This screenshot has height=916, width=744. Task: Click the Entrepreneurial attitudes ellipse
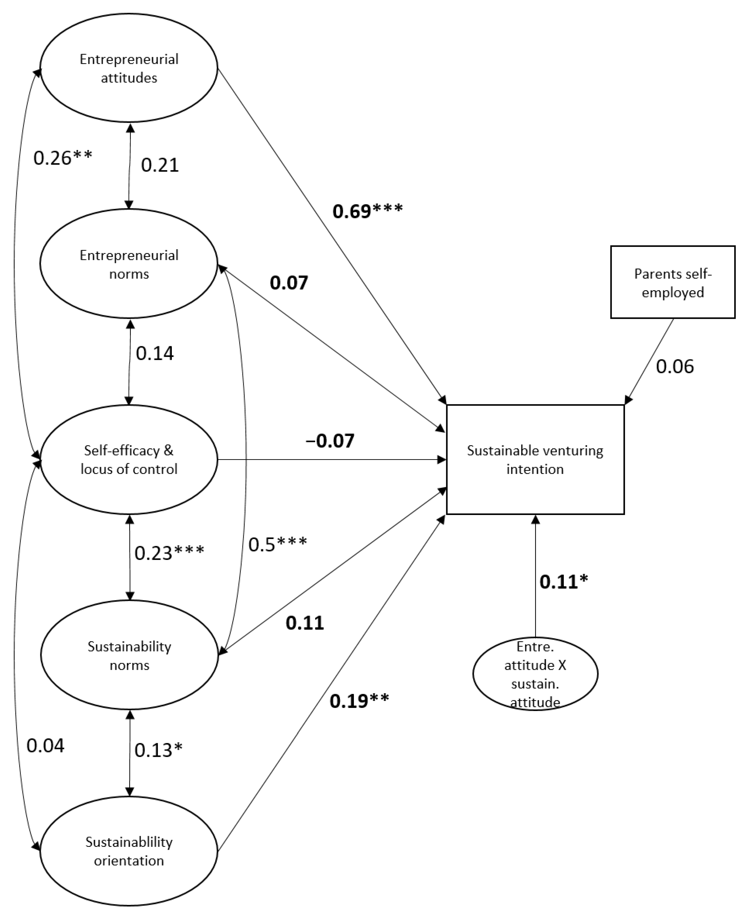(129, 68)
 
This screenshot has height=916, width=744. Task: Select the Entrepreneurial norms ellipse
(129, 263)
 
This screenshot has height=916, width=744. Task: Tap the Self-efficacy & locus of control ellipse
(129, 459)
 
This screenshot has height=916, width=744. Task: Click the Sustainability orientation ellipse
(129, 851)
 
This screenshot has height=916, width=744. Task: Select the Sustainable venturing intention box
(535, 459)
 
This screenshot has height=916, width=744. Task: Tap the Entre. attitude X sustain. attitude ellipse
(535, 674)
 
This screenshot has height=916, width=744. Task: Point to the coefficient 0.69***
(367, 211)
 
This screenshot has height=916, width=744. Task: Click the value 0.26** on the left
(62, 158)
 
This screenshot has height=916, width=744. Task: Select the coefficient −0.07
(330, 441)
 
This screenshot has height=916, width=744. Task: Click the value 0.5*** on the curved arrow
(278, 544)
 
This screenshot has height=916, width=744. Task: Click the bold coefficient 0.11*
(563, 582)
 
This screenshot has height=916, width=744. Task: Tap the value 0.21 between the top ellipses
(159, 165)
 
